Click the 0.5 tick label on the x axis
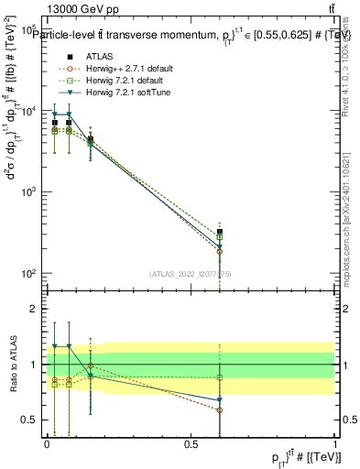(x=191, y=442)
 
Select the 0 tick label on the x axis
(x=47, y=442)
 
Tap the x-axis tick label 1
(x=336, y=442)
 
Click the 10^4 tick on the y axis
(x=31, y=111)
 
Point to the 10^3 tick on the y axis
(x=31, y=192)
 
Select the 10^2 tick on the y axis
(x=31, y=274)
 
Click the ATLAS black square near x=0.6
(x=220, y=232)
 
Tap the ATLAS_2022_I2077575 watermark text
(x=190, y=273)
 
